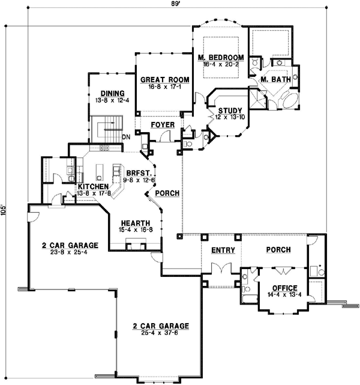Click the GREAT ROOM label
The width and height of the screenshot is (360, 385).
point(164,79)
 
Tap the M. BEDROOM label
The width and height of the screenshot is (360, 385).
point(221,57)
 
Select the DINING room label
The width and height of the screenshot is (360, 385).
point(112,93)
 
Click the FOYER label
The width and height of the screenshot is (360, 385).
point(162,125)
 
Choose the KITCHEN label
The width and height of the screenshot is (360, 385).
point(93,187)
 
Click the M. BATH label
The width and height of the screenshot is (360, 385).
point(276,79)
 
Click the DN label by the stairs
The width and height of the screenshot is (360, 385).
point(127,137)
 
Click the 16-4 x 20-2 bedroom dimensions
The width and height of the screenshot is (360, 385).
point(221,64)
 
